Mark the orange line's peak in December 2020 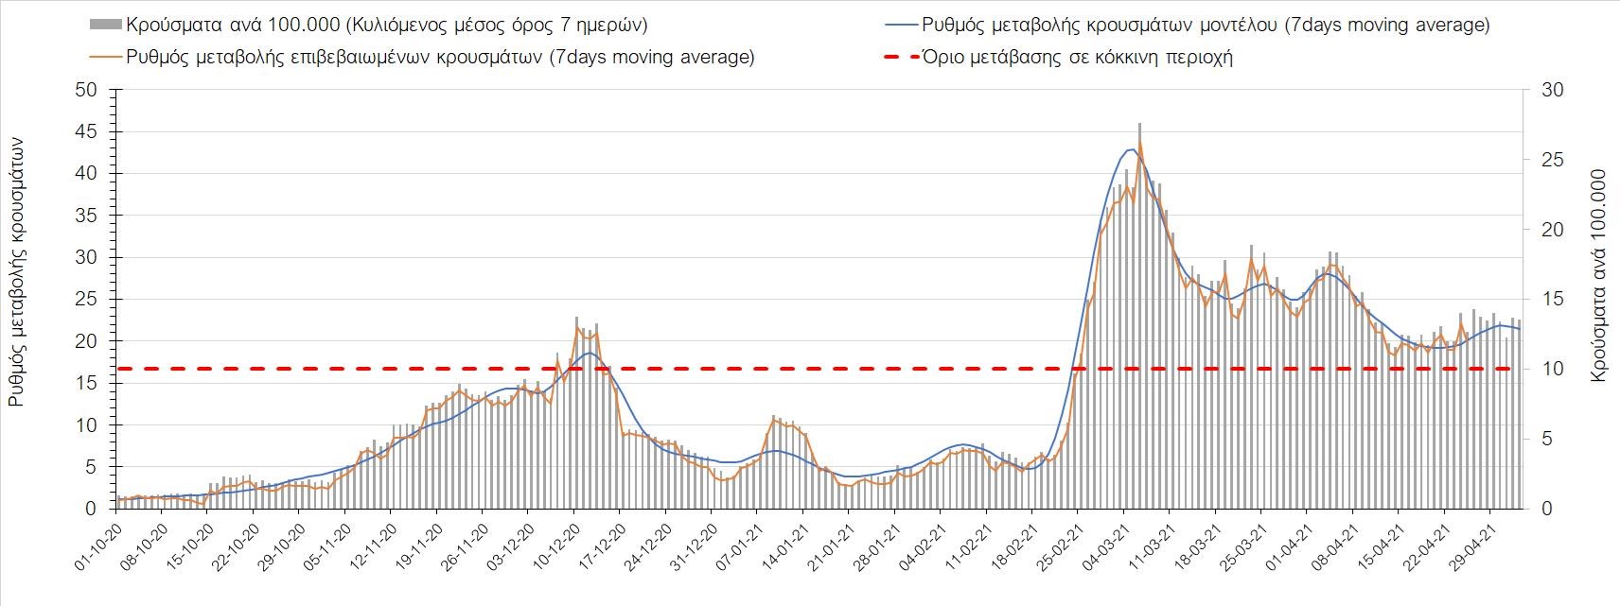click(577, 328)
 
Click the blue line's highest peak click(1132, 149)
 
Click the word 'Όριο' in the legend click(944, 57)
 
